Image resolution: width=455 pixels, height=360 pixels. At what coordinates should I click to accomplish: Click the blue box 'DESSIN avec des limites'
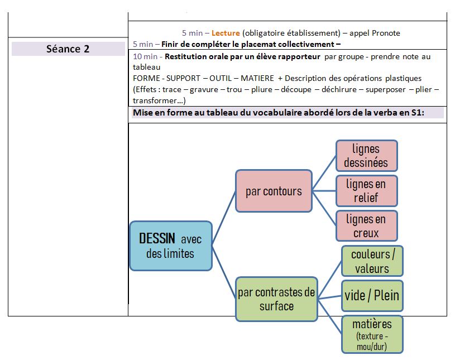click(x=171, y=246)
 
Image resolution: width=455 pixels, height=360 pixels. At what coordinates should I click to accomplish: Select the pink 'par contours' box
click(x=274, y=191)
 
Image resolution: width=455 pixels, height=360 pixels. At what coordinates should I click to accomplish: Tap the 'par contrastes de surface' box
click(x=276, y=299)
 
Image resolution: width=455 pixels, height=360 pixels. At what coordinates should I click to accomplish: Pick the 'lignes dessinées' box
click(x=366, y=156)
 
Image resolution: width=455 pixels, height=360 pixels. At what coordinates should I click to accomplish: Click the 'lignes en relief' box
click(x=366, y=191)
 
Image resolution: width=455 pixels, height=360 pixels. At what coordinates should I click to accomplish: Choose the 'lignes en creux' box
click(x=366, y=226)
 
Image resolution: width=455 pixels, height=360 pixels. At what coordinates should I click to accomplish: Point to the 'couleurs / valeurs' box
click(x=372, y=261)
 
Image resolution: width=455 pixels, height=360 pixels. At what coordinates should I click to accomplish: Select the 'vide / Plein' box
click(x=372, y=296)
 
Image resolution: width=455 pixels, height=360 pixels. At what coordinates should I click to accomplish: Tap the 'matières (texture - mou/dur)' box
click(x=372, y=334)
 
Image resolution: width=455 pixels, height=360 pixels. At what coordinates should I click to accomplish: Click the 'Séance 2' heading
click(x=68, y=49)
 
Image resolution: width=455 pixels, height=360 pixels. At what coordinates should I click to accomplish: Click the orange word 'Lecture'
click(x=226, y=33)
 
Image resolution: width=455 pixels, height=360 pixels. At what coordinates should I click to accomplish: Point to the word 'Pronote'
click(x=386, y=33)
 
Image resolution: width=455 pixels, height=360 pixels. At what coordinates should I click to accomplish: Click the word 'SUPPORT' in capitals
click(x=183, y=78)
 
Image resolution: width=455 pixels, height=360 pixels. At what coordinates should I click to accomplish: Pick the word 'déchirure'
click(x=339, y=89)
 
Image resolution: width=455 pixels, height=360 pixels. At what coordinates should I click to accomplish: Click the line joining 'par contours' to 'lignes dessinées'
click(x=324, y=173)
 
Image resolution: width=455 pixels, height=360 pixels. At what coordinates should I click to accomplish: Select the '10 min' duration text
click(x=145, y=56)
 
